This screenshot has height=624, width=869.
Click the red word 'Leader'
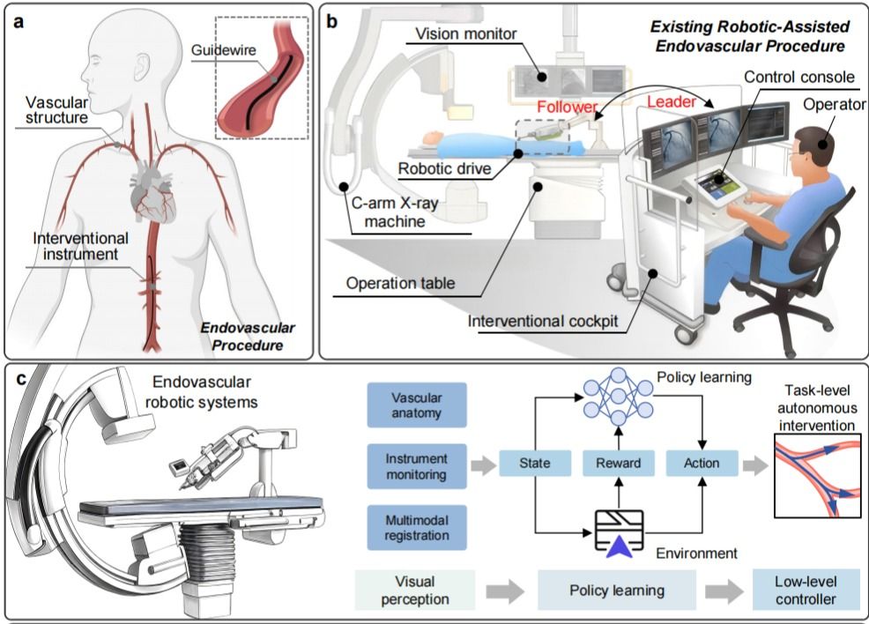(672, 102)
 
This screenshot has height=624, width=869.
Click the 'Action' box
(702, 463)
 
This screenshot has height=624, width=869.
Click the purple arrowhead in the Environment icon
(614, 546)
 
